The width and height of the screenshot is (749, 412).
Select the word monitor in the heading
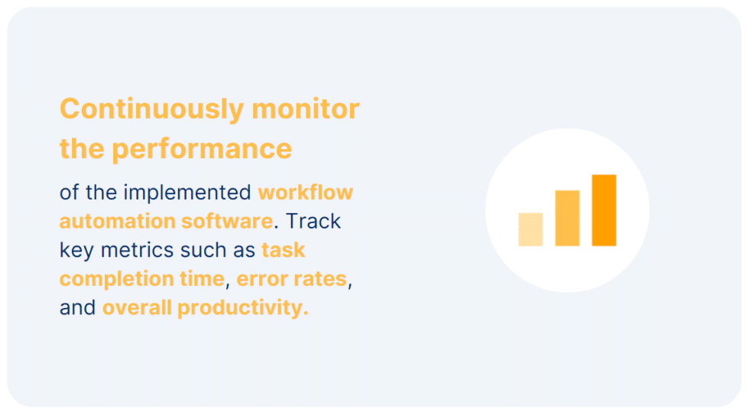pyautogui.click(x=305, y=109)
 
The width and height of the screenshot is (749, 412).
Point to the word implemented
pyautogui.click(x=188, y=193)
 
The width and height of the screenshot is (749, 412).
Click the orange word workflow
pyautogui.click(x=306, y=193)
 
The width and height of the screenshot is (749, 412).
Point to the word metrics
pyautogui.click(x=135, y=250)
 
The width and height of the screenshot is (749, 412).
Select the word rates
pyautogui.click(x=319, y=279)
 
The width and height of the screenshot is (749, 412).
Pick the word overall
pyautogui.click(x=137, y=308)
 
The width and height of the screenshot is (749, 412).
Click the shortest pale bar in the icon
pyautogui.click(x=530, y=229)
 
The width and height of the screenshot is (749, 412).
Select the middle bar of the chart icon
pyautogui.click(x=567, y=219)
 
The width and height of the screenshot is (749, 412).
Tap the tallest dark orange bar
pyautogui.click(x=604, y=210)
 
